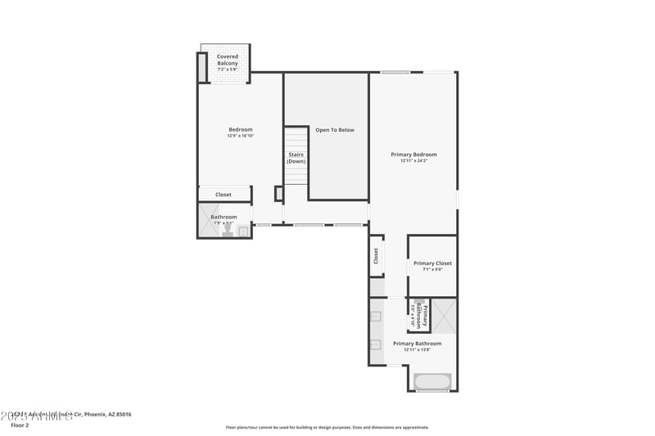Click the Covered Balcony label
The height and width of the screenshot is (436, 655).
[x=228, y=60]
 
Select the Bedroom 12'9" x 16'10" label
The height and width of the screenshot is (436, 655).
[x=240, y=132]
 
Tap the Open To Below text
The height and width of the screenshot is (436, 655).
[x=335, y=130]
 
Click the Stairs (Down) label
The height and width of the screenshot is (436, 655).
[x=296, y=158]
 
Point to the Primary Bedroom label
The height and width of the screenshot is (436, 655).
[x=413, y=157]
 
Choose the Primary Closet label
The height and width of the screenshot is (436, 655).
[x=432, y=266]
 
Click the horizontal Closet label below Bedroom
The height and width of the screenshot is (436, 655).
[x=224, y=195]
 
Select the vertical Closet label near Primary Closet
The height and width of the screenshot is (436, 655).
[x=376, y=256]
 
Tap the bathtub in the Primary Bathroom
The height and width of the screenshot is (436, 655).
[x=431, y=381]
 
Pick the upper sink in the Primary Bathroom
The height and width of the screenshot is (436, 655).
[x=376, y=316]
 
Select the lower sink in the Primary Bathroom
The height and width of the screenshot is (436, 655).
[x=376, y=344]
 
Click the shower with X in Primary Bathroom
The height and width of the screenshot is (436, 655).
[x=444, y=315]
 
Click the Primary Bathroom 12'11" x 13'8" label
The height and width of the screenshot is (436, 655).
[x=417, y=346]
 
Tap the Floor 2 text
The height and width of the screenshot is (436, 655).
[x=20, y=425]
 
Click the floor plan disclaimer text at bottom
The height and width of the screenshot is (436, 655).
[x=327, y=427]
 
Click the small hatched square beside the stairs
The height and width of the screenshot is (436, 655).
[x=278, y=193]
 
